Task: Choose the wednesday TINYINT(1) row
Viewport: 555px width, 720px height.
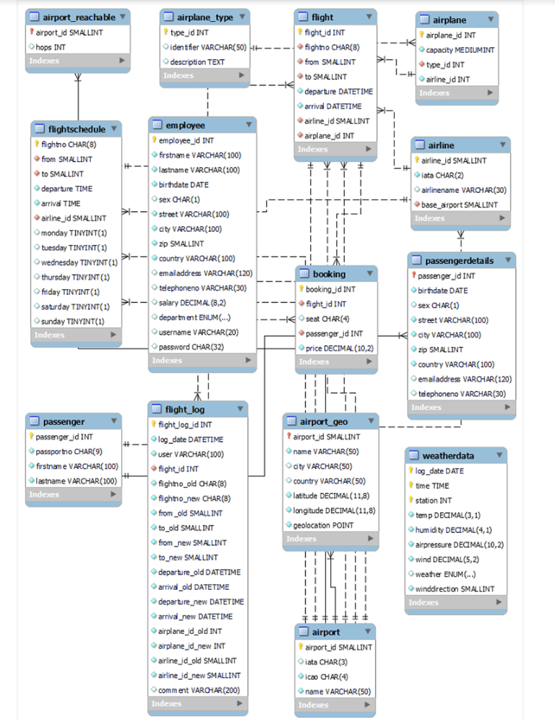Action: pyautogui.click(x=79, y=262)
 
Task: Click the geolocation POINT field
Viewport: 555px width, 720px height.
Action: pyautogui.click(x=324, y=526)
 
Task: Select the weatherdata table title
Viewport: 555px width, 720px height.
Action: pyautogui.click(x=448, y=455)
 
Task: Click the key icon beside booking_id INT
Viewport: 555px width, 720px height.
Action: pyautogui.click(x=301, y=289)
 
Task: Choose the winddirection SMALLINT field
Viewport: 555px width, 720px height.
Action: pyautogui.click(x=455, y=588)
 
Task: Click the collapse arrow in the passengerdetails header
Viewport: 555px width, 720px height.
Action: pyautogui.click(x=507, y=260)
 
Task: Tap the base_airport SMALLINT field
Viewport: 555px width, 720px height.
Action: pyautogui.click(x=459, y=205)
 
